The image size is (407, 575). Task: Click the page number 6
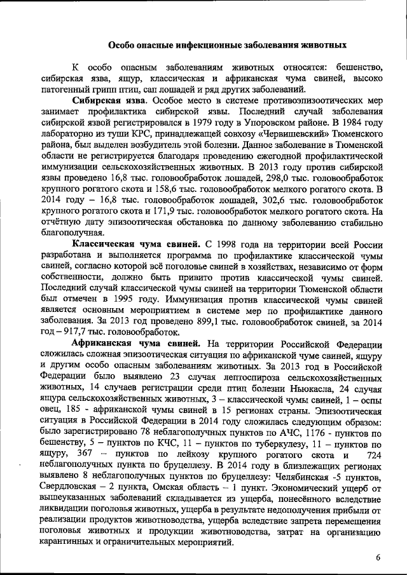coord(378,557)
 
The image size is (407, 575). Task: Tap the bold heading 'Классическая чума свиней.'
coord(137,245)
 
